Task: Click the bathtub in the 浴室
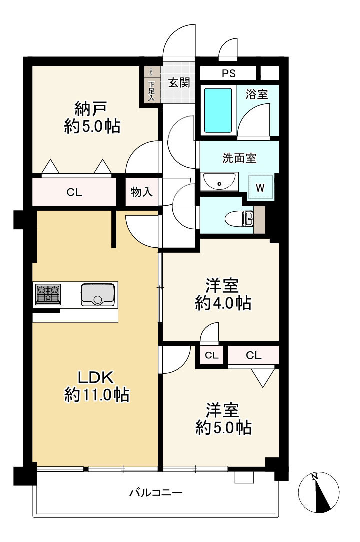[x=218, y=110]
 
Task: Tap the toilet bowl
[x=239, y=219]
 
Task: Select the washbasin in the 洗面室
[x=219, y=181]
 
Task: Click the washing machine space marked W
[x=261, y=188]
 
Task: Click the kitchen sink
[x=98, y=295]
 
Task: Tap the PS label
[x=229, y=73]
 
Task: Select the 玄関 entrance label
[x=179, y=82]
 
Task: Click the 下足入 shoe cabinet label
[x=151, y=91]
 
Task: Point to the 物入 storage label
[x=142, y=192]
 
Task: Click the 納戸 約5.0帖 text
[x=92, y=117]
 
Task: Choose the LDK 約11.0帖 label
[x=97, y=386]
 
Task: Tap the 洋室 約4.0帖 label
[x=223, y=295]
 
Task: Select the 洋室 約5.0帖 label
[x=223, y=419]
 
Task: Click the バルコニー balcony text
[x=156, y=492]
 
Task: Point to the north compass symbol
[x=318, y=492]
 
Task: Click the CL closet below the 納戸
[x=74, y=192]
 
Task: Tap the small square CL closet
[x=212, y=355]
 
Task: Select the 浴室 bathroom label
[x=257, y=94]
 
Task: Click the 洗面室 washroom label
[x=239, y=158]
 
